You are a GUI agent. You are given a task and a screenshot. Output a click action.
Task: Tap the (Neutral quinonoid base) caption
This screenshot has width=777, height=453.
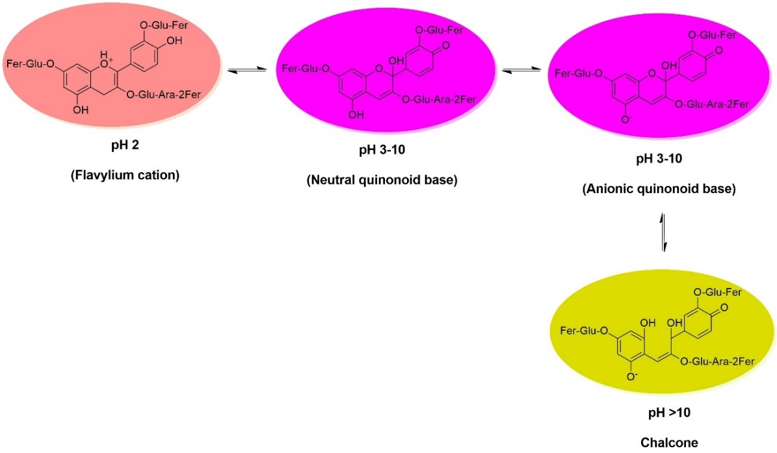tap(382, 180)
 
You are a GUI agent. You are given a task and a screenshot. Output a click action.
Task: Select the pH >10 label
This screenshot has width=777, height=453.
tap(664, 415)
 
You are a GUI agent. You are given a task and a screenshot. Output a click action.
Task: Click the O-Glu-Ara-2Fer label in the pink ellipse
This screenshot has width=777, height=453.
tap(163, 96)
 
